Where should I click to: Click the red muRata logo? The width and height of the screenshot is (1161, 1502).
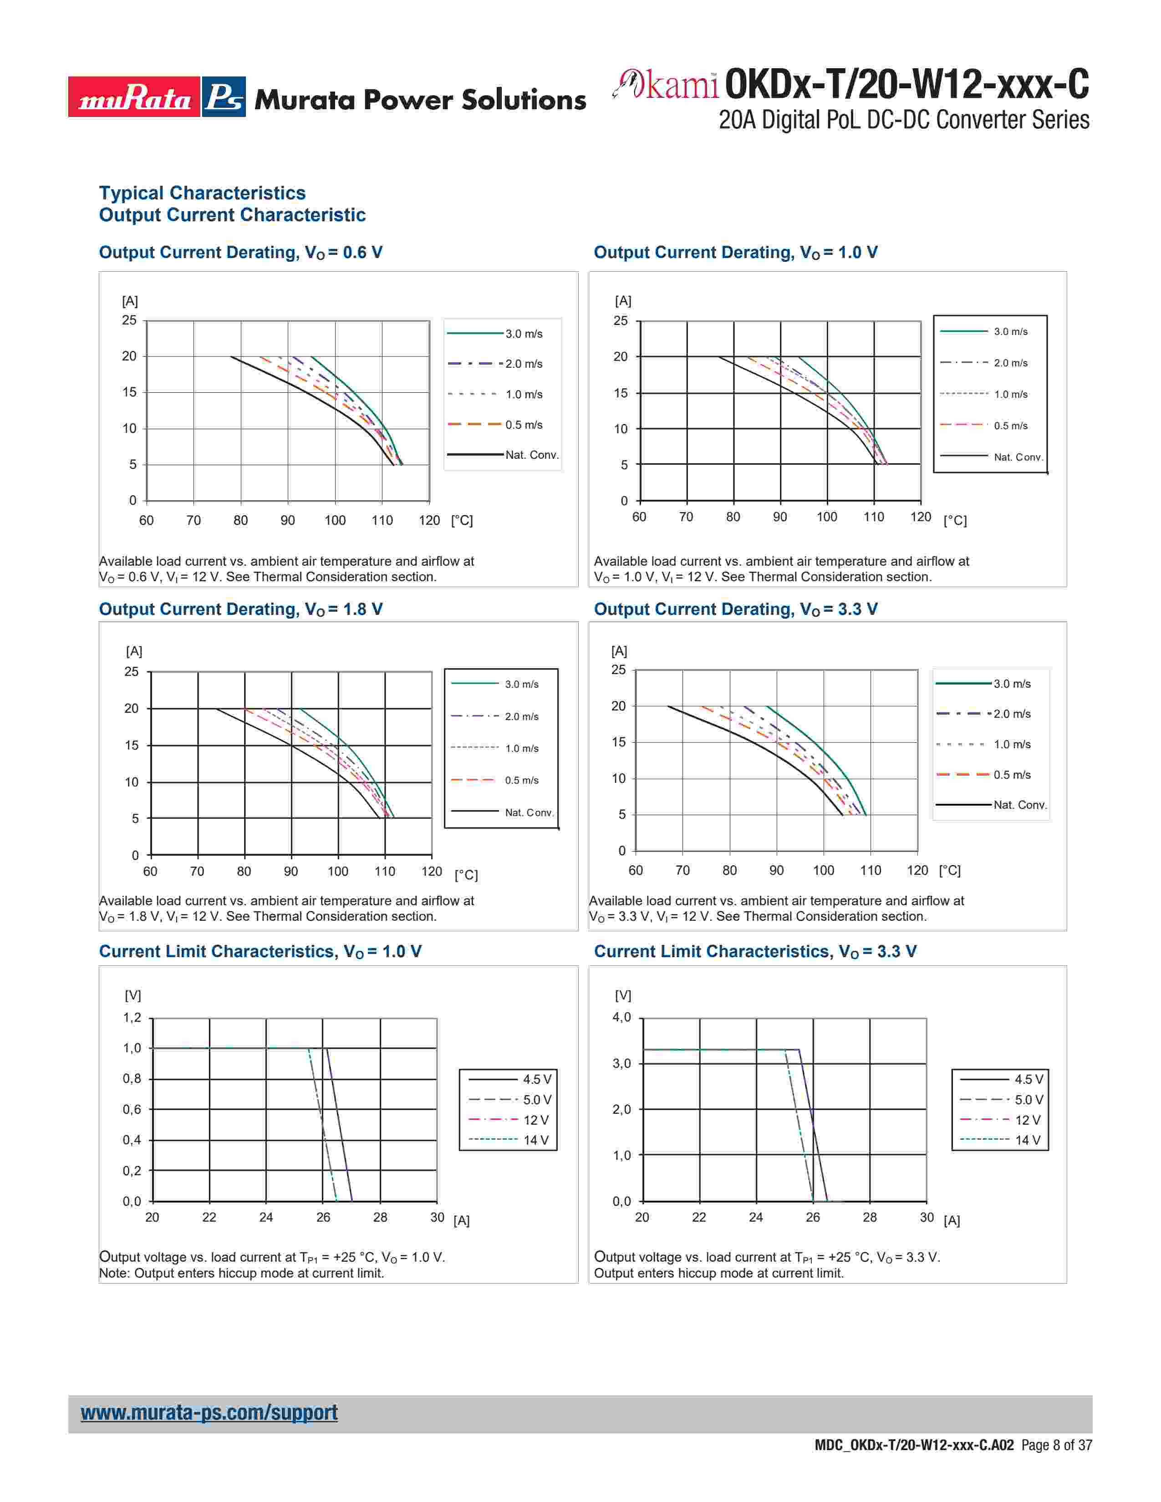134,97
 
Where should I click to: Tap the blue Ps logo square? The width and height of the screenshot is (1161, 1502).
224,97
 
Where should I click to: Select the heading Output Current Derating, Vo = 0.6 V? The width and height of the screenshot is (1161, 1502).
241,253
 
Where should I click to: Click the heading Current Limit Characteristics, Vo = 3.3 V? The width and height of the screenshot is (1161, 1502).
755,951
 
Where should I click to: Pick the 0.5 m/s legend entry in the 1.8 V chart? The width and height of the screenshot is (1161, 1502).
521,780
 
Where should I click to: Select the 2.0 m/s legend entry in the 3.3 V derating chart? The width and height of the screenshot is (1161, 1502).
1012,714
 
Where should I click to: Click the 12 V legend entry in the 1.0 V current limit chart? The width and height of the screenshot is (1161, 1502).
535,1120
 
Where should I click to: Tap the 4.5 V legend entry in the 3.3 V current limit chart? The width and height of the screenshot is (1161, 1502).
1028,1079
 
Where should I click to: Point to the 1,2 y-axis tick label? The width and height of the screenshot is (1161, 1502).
132,1018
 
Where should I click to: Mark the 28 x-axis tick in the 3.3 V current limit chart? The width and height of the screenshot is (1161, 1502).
869,1217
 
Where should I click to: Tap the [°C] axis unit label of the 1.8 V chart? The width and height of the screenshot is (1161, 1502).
466,875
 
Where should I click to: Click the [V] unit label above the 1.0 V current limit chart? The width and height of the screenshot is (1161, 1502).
133,995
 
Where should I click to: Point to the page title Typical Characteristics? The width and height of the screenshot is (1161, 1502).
202,193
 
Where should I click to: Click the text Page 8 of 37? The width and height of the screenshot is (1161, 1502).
1056,1445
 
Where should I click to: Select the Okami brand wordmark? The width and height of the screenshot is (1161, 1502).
666,85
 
